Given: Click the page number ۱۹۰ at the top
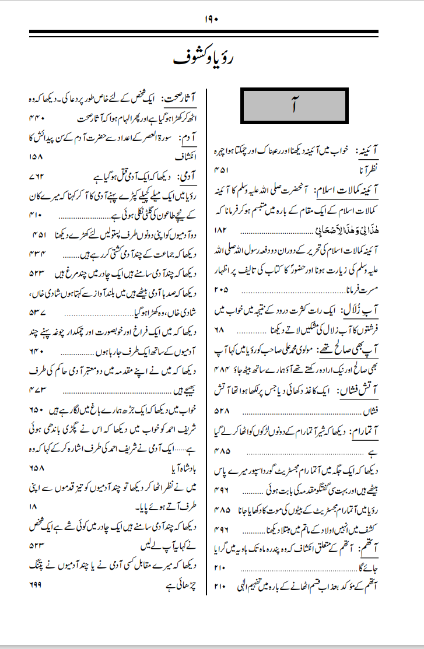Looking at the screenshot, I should (211, 19).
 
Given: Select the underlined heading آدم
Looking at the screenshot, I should (190, 136).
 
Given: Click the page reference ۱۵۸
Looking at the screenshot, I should (36, 156).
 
